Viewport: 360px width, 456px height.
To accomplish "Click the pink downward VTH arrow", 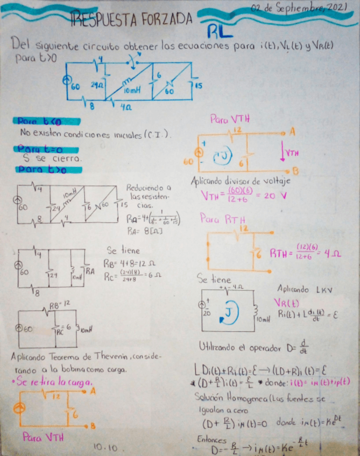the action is click(284, 153).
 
